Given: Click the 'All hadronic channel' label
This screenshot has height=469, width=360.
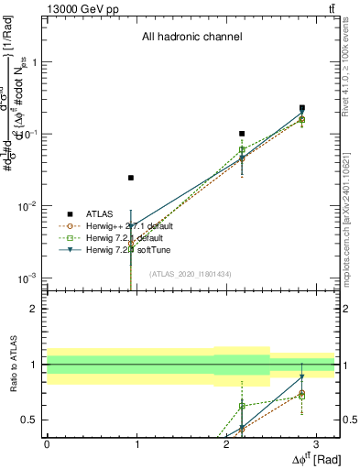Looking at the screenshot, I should (x=191, y=38).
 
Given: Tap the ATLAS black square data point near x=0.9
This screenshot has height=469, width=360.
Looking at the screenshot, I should (x=131, y=178).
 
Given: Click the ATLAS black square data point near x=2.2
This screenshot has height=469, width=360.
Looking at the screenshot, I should (x=242, y=134).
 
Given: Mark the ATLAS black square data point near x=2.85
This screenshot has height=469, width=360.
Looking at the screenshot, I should (x=301, y=108).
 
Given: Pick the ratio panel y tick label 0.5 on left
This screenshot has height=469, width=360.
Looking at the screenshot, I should (x=32, y=420).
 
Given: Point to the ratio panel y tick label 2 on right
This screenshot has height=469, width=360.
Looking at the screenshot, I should (x=349, y=309).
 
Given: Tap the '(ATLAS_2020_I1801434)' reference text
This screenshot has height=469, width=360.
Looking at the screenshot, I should (x=191, y=274).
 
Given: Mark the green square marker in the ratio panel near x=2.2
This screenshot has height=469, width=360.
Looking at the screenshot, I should (x=242, y=406).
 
